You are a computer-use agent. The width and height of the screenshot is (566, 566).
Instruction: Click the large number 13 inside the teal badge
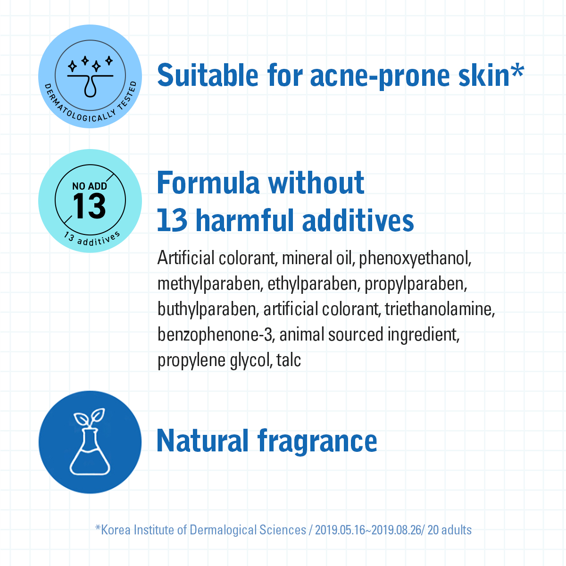pyautogui.click(x=89, y=206)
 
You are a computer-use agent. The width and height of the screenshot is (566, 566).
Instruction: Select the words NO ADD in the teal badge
pyautogui.click(x=90, y=186)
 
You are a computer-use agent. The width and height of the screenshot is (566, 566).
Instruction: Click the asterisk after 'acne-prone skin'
pyautogui.click(x=517, y=71)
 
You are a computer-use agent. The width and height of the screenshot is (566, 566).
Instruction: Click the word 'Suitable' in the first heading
pyautogui.click(x=208, y=75)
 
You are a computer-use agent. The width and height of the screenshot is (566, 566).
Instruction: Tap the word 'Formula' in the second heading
pyautogui.click(x=208, y=183)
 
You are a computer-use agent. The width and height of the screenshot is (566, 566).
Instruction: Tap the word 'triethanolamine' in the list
pyautogui.click(x=440, y=309)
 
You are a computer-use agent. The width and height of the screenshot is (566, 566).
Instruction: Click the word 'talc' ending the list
pyautogui.click(x=289, y=360)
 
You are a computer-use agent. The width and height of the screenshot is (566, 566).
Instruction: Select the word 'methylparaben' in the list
pyautogui.click(x=210, y=284)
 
